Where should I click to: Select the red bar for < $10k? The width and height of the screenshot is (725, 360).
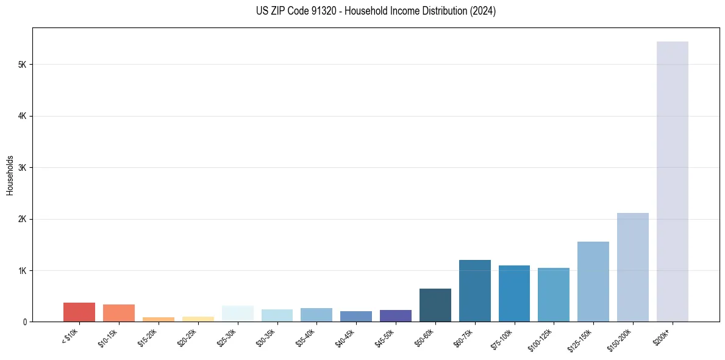tap(79, 312)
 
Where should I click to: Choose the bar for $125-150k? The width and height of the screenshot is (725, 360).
tap(593, 281)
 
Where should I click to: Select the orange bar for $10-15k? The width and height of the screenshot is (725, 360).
tap(119, 313)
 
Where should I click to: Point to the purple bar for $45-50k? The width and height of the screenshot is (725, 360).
tap(396, 315)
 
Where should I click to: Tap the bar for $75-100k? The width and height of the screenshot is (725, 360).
tap(514, 293)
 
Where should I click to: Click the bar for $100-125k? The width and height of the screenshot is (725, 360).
tap(554, 295)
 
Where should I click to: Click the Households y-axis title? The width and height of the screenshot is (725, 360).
tap(10, 175)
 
